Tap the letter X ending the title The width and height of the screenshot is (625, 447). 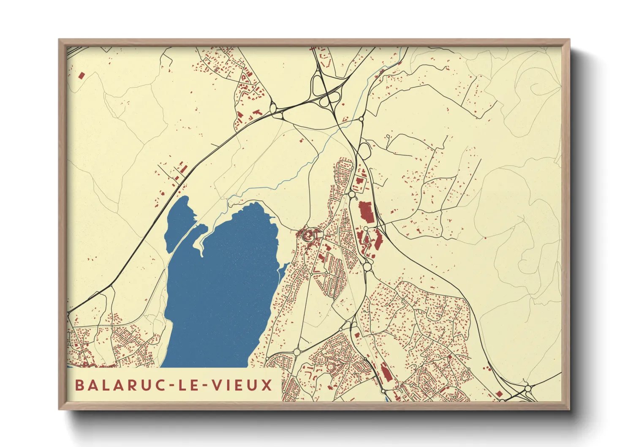click(266, 385)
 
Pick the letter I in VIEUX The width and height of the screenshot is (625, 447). click(229, 385)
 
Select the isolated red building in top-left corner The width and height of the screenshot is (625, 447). click(82, 76)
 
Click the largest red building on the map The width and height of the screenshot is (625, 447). click(366, 212)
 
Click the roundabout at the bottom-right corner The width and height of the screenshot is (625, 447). click(527, 388)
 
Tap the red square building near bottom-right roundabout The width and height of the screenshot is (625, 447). click(499, 394)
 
